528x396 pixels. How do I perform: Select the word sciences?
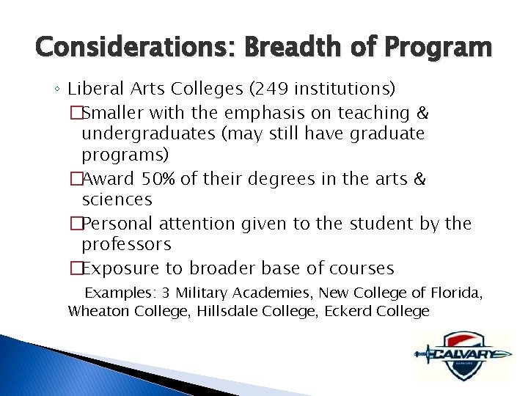pos(117,199)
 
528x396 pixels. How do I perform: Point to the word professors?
pos(126,243)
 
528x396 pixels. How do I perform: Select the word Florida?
pos(456,293)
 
